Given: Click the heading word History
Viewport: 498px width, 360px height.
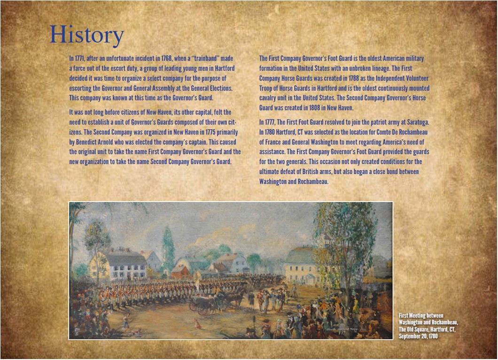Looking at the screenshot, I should tap(87, 35).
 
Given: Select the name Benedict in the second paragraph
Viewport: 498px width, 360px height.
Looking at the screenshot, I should tap(85, 142).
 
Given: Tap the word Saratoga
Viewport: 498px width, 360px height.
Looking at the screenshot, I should tap(418, 123).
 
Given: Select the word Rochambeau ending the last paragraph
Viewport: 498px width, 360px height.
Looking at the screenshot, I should tap(313, 182).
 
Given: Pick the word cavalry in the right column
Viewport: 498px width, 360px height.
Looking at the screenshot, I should tap(268, 98).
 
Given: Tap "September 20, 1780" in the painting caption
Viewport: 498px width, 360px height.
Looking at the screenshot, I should tap(418, 337).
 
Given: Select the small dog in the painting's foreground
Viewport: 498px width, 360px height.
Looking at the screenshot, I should tap(197, 324).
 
